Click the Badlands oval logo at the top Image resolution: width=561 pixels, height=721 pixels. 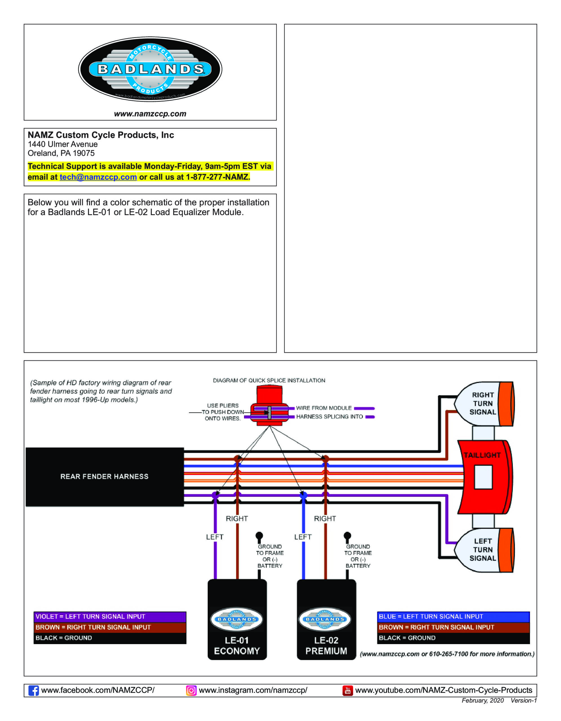(150, 69)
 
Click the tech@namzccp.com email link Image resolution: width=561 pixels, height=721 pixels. (98, 177)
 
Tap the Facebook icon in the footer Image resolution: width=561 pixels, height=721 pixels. (33, 690)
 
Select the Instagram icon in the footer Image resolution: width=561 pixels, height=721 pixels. (191, 690)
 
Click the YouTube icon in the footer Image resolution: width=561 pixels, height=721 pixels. (347, 690)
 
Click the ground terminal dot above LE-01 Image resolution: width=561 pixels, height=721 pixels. (259, 535)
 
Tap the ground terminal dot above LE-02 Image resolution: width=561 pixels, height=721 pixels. (347, 535)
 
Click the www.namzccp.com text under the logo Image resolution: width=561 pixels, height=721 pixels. (150, 114)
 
